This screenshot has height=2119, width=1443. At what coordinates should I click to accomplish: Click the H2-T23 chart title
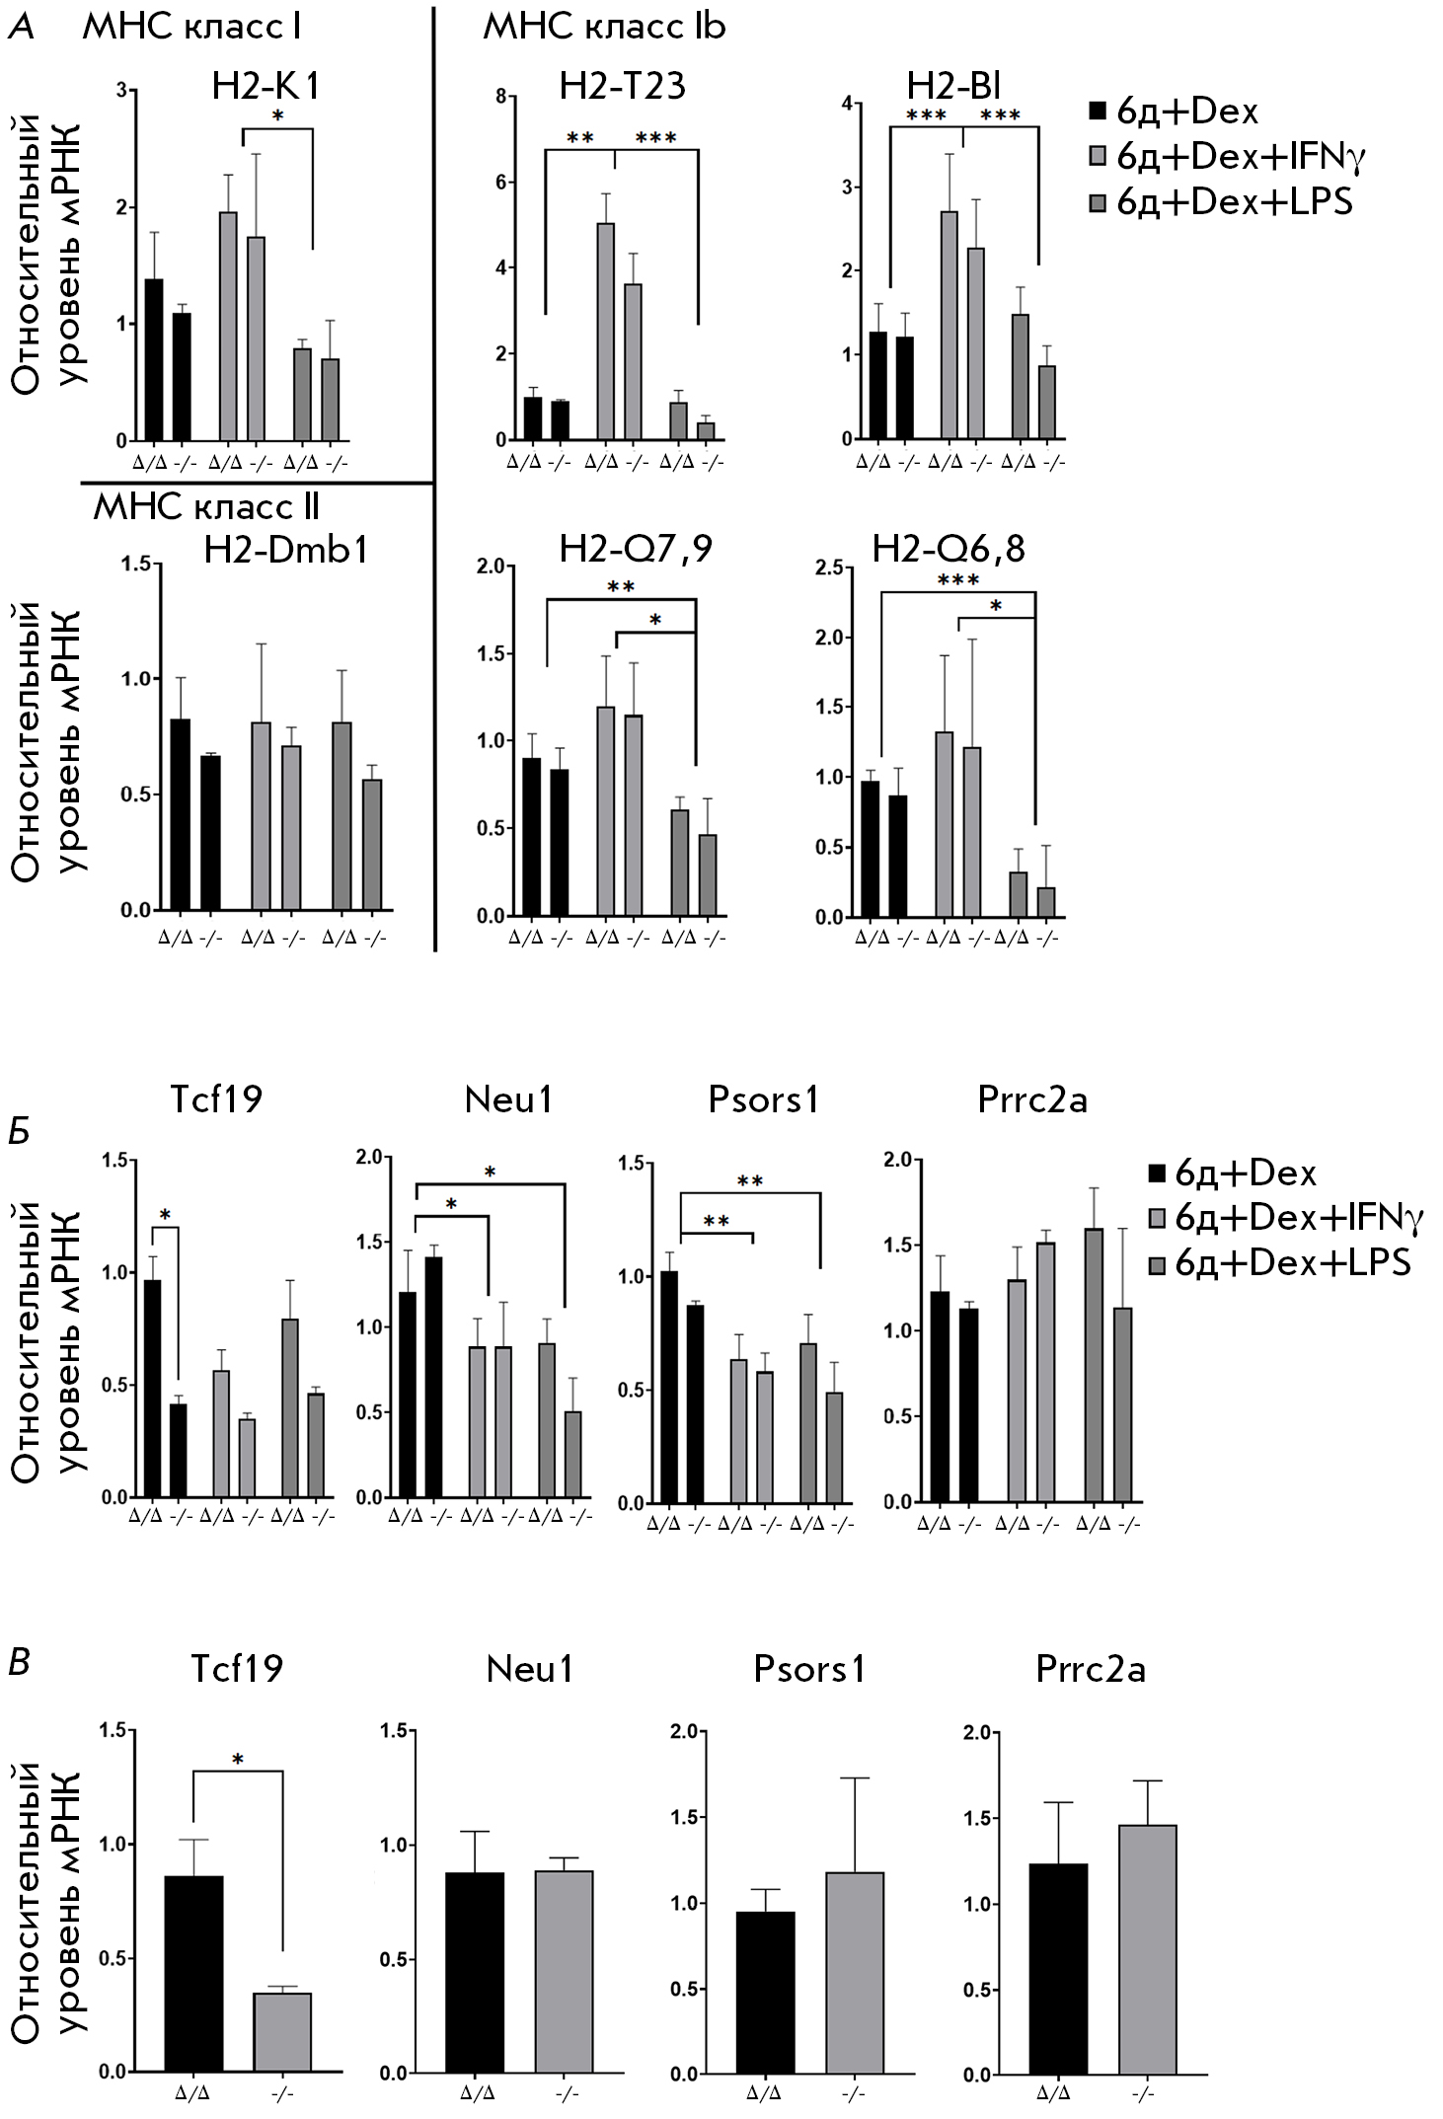coord(622,87)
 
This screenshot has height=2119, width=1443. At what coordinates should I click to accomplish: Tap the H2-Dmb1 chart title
coord(285,549)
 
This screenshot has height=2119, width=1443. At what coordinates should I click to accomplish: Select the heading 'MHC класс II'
coord(206,507)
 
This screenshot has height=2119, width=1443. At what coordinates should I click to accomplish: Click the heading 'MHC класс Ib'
coord(604,27)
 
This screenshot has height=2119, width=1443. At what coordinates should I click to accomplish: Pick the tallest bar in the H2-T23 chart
coord(605,331)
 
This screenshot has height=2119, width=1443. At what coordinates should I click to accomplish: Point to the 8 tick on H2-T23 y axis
coord(501,96)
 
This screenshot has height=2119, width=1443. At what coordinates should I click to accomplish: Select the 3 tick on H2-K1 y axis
coord(122,91)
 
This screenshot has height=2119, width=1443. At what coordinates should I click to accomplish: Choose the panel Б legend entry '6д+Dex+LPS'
coord(1292,1262)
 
